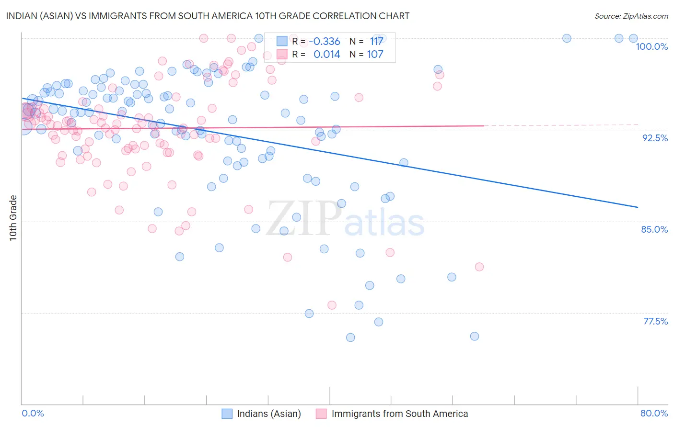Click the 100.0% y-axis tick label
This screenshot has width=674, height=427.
coord(651,46)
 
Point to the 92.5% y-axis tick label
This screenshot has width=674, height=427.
coord(655,138)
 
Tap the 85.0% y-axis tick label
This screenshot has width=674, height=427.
coord(654,229)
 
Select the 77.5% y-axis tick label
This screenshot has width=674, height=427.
coord(655,321)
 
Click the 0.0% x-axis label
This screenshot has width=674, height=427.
coord(33,413)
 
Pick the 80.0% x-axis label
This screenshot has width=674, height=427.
coord(654,413)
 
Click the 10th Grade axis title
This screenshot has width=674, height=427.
coord(13,218)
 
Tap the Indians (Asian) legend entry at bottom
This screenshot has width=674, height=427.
coord(268,414)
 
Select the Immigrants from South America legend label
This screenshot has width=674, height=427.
coord(399,414)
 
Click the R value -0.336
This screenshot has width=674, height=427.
coord(325,42)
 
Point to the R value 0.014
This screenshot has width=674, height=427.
coord(326,55)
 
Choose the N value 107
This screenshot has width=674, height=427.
coord(375,55)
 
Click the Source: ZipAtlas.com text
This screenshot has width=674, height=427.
coord(631,16)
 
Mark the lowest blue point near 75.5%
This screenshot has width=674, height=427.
coord(350,337)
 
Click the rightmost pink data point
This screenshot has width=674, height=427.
coord(479,267)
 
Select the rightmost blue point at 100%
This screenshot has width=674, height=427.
coord(633,38)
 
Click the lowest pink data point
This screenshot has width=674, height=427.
coord(332,305)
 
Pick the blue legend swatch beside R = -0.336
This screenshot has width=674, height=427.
coord(282,42)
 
